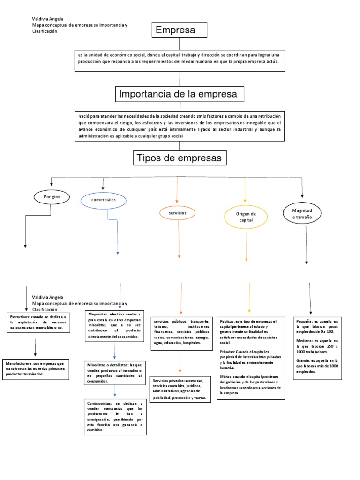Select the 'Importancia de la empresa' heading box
(x=178, y=94)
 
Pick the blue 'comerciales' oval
(x=104, y=200)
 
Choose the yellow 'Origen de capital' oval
(x=246, y=217)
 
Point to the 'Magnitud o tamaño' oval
(x=302, y=214)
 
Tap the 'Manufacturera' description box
(x=36, y=368)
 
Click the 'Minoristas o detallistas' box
(x=114, y=372)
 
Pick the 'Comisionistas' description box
(x=114, y=416)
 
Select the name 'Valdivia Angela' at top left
(x=47, y=19)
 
